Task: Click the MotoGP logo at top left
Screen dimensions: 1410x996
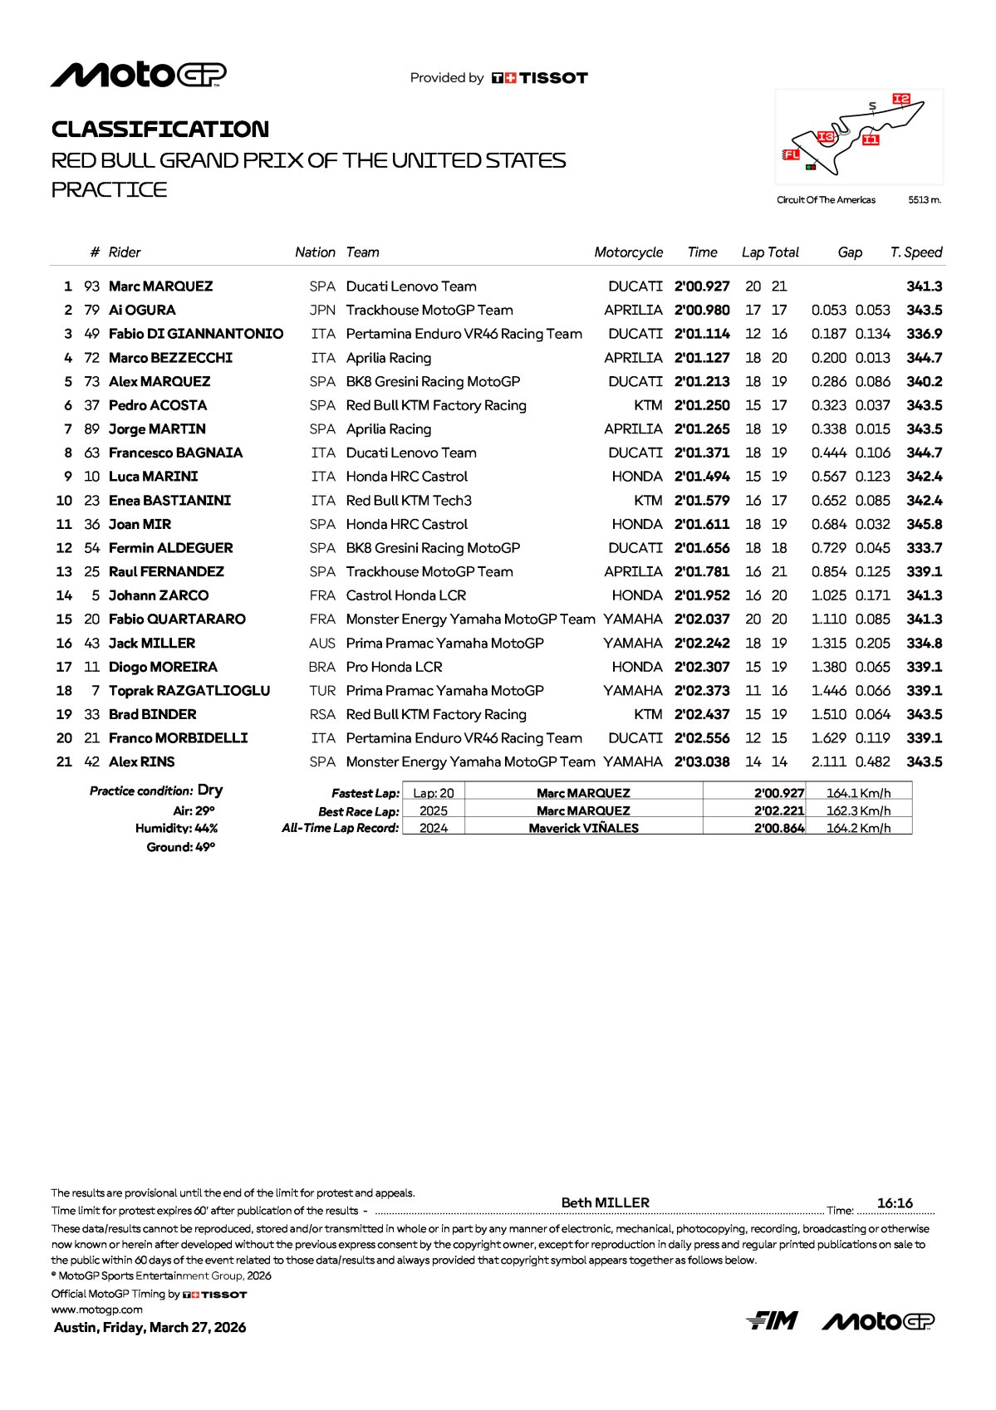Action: click(138, 76)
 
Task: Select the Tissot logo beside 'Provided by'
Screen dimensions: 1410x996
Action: click(540, 78)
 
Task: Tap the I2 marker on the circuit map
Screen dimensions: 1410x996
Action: click(901, 99)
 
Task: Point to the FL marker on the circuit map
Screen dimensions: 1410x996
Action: click(791, 154)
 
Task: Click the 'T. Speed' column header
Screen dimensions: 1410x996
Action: click(915, 252)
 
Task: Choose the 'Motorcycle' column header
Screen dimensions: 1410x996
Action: click(628, 252)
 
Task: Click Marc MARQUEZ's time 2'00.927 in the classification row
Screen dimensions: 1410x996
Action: click(702, 286)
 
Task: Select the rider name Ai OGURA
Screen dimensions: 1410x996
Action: click(142, 311)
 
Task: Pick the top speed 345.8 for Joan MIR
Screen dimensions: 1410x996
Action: click(924, 525)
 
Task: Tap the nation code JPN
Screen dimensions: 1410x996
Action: click(322, 311)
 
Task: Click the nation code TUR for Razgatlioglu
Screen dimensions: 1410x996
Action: click(322, 691)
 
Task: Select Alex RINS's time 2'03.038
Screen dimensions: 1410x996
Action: click(702, 762)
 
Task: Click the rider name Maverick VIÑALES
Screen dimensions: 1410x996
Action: click(583, 828)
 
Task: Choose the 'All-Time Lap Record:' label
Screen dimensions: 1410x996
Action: click(341, 828)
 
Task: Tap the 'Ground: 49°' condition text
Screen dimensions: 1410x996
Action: click(180, 847)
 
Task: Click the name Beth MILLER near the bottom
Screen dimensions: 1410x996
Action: click(605, 1202)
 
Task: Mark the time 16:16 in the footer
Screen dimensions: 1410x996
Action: click(895, 1203)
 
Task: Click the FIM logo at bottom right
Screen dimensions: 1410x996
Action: click(772, 1320)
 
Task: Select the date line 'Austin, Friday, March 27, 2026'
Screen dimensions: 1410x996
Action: click(150, 1327)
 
